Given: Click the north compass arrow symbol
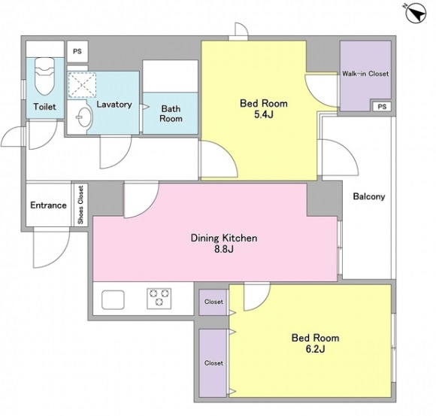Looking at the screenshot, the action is [416, 13].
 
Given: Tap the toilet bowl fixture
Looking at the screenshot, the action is [44, 76].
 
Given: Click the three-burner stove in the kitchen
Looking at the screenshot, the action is [159, 299].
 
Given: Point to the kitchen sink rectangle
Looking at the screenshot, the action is [113, 299].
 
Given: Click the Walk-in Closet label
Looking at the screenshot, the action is [365, 74].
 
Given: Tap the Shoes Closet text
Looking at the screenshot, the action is [80, 205].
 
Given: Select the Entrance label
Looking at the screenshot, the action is [48, 205].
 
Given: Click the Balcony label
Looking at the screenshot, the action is [369, 196].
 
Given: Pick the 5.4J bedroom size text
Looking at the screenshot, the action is [263, 114].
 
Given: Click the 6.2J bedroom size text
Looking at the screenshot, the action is [315, 348].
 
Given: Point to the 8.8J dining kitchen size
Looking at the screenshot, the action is [223, 249].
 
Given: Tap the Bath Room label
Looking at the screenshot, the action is [171, 114].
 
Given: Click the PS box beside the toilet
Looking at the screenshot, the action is [77, 51].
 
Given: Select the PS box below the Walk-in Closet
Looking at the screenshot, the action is [382, 107].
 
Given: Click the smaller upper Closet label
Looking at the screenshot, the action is [213, 302].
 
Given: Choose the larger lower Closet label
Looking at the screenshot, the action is [213, 363].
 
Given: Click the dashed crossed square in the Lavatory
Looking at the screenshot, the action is [82, 85].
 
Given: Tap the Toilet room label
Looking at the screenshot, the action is [44, 107].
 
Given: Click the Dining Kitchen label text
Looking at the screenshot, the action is [224, 238].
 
